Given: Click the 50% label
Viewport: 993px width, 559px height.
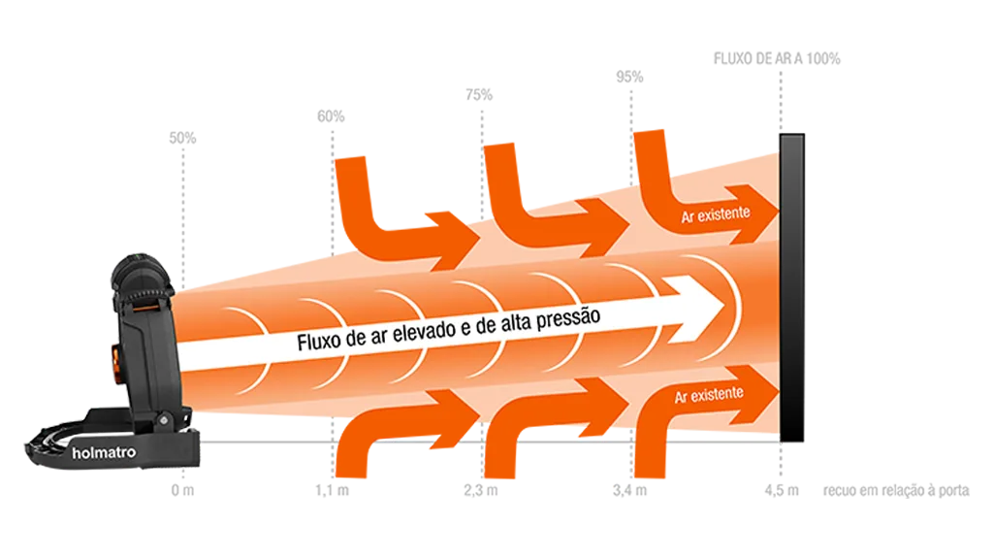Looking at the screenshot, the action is [182, 138].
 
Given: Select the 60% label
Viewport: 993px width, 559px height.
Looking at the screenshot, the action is [331, 116].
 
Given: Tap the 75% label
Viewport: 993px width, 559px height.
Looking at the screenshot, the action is [479, 95].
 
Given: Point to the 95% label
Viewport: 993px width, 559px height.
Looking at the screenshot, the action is [629, 77].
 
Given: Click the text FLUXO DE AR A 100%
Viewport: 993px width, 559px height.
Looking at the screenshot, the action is [777, 59].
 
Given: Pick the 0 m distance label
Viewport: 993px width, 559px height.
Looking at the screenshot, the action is [182, 490].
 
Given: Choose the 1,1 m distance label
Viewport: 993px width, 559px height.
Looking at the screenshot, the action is [332, 490].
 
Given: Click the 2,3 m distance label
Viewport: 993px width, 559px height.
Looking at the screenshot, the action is [481, 490].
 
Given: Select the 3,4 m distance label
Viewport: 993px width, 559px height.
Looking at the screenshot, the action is [630, 490].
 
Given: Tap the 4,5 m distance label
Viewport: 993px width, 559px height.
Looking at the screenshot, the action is [782, 490].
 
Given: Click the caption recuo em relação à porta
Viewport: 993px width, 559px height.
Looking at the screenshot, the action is [896, 490].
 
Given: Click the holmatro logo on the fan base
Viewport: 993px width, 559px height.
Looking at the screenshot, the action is [104, 452].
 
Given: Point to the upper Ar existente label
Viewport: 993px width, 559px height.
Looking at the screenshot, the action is [716, 214].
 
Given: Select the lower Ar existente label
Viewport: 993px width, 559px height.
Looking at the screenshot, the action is [709, 395].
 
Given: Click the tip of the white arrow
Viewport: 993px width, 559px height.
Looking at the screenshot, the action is [725, 307].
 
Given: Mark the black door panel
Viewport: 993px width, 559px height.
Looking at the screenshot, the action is [791, 287].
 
